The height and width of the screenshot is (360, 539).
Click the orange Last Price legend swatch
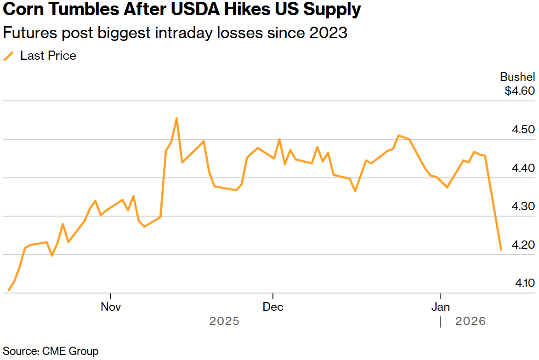coord(9,56)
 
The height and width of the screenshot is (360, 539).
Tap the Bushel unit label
coord(517,77)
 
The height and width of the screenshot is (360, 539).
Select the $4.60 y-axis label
coord(520,91)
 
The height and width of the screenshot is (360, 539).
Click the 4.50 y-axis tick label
coord(523,129)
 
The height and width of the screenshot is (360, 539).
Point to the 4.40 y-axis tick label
coord(523,168)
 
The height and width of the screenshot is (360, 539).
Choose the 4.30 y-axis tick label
coord(523,206)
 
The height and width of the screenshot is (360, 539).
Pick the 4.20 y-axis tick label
coord(523,245)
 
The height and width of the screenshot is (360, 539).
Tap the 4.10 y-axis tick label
coord(523,283)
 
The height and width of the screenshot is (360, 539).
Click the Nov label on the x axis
coord(111,307)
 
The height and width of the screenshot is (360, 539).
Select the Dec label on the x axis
coord(273,307)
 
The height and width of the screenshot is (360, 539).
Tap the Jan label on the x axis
coord(441,307)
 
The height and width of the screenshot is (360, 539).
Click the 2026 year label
coord(471,321)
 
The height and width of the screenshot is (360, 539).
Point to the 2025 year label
coord(224,321)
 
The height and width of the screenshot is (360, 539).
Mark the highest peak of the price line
coord(176,118)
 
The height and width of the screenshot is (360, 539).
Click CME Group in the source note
coord(70,351)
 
